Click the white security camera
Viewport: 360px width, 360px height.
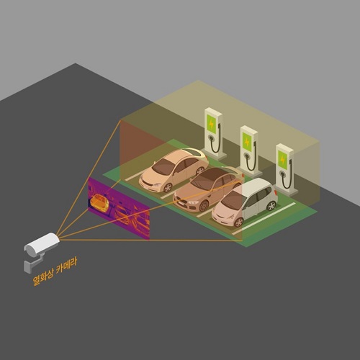click(x=41, y=244)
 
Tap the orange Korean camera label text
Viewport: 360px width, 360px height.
click(x=55, y=271)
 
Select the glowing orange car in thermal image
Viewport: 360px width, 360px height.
click(x=99, y=203)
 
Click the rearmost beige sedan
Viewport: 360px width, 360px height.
click(x=174, y=170)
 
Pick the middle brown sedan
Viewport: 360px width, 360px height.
click(x=207, y=189)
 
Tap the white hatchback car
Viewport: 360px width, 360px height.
click(x=244, y=202)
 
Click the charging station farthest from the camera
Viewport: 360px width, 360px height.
click(x=214, y=134)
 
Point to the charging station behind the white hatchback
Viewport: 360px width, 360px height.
click(x=285, y=169)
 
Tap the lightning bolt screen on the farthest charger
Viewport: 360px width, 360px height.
click(x=212, y=124)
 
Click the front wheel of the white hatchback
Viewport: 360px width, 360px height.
click(x=238, y=222)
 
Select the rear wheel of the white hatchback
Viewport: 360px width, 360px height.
click(x=271, y=205)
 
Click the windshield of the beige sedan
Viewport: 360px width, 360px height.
click(x=163, y=166)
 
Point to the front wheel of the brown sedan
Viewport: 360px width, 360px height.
click(x=204, y=206)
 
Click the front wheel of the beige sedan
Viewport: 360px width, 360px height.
click(x=168, y=187)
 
